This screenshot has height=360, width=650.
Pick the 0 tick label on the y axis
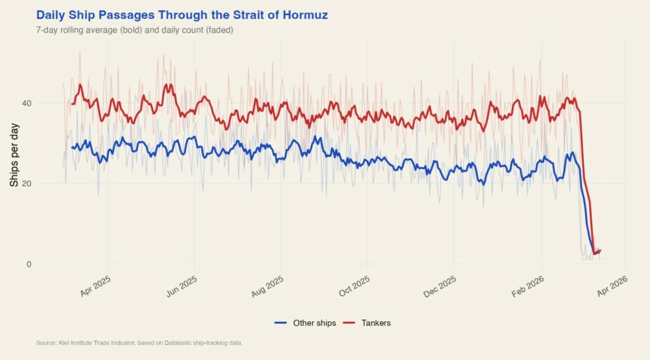(x=28, y=264)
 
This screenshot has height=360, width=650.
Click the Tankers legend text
(x=376, y=323)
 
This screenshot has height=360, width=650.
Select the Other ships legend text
(x=314, y=323)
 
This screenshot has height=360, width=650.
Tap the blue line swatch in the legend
(x=282, y=323)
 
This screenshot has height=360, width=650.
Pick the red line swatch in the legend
(x=350, y=323)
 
